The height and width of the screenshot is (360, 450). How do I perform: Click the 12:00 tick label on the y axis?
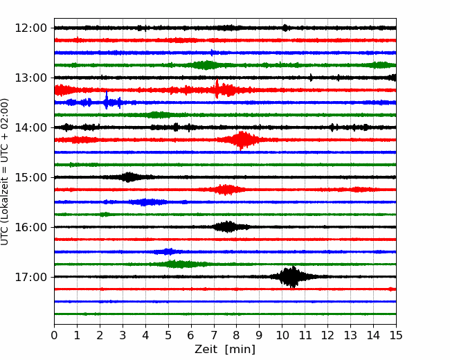(x=30, y=28)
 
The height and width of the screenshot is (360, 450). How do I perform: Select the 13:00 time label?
(x=30, y=78)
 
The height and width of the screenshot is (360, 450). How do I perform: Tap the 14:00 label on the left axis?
(x=30, y=127)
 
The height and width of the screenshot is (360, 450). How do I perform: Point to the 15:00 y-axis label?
(x=30, y=177)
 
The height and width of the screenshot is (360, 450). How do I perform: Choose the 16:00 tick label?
(x=30, y=227)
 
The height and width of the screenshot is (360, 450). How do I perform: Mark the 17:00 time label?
(x=30, y=277)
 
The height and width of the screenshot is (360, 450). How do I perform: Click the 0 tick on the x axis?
(x=54, y=335)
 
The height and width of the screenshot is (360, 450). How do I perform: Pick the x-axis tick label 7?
(x=213, y=335)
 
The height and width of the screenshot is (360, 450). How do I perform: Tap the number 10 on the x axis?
(x=282, y=335)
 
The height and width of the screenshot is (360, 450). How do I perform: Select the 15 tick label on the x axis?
(x=396, y=335)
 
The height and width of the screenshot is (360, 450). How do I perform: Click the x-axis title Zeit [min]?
(x=225, y=350)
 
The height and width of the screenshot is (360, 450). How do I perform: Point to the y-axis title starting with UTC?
(x=5, y=172)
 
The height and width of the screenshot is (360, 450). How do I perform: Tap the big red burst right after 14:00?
(x=241, y=140)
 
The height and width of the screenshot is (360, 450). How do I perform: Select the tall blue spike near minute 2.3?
(x=107, y=100)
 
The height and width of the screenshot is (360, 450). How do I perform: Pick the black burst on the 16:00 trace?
(x=228, y=227)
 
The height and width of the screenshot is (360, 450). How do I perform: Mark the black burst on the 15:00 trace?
(x=129, y=177)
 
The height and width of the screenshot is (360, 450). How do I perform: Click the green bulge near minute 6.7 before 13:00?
(x=206, y=65)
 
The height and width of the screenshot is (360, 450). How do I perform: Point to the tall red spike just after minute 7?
(x=217, y=89)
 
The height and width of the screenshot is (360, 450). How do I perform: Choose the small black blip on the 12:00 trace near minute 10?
(x=285, y=28)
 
